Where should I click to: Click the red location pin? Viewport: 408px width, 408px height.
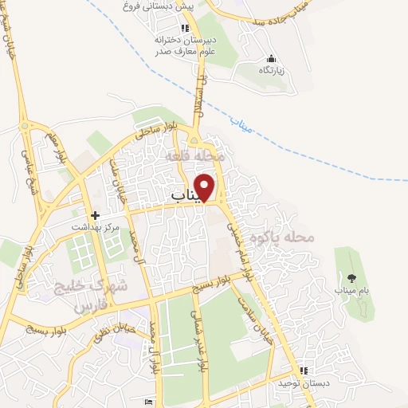(x=206, y=186)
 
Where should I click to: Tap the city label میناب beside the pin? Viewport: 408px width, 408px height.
(x=188, y=194)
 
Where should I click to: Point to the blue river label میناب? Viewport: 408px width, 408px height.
(x=239, y=121)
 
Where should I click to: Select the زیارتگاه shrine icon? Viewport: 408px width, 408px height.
(x=271, y=58)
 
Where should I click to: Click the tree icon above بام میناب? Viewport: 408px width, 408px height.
(x=351, y=278)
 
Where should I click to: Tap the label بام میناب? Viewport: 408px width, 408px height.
(x=352, y=292)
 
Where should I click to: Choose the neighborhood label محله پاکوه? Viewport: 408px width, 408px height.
(x=282, y=237)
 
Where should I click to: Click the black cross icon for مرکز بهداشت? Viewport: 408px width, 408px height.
(x=95, y=215)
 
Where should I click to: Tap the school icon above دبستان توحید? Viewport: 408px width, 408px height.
(x=303, y=371)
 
